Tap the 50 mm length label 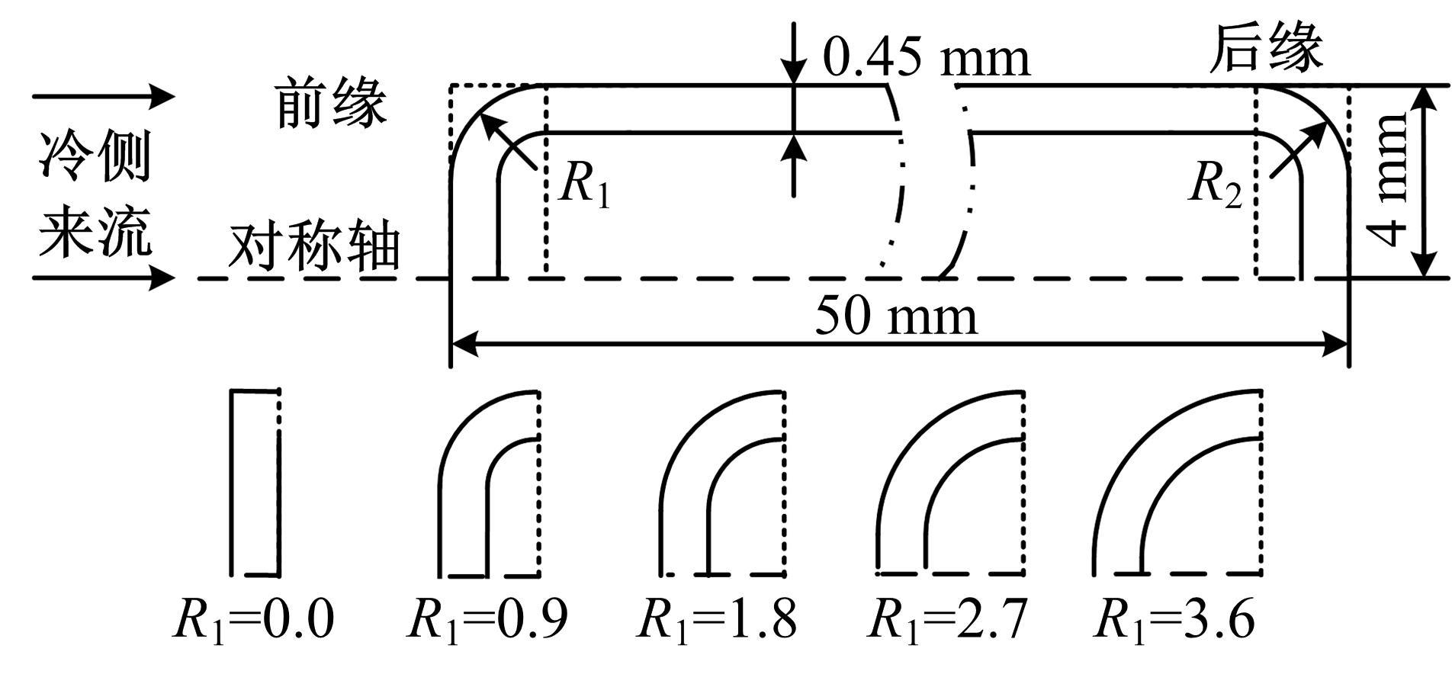896,316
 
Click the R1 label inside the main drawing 585,185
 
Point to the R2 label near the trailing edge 1216,185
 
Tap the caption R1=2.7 948,619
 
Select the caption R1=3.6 1174,619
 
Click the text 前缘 331,103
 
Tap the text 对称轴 314,247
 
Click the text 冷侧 95,156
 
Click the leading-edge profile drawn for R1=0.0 232,483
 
